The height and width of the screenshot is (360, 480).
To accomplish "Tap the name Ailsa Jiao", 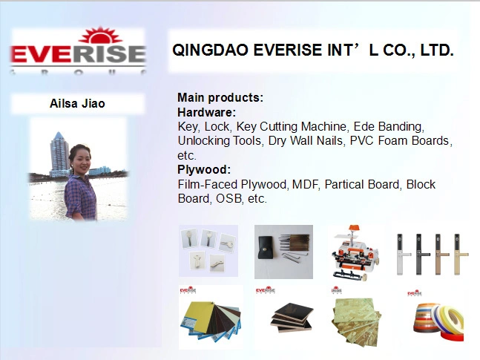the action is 77,104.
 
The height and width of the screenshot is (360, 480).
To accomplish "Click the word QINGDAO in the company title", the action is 210,50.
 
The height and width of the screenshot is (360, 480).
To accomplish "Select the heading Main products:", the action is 220,97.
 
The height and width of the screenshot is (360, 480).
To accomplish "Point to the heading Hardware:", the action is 207,112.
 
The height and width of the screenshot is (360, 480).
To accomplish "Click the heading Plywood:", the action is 204,169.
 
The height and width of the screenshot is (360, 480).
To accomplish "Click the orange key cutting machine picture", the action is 355,253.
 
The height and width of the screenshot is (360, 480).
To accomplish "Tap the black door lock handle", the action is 420,254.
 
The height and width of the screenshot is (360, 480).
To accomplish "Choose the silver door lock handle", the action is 401,254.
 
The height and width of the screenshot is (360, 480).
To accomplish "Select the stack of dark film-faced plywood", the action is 292,318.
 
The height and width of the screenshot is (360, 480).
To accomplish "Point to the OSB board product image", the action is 356,321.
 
